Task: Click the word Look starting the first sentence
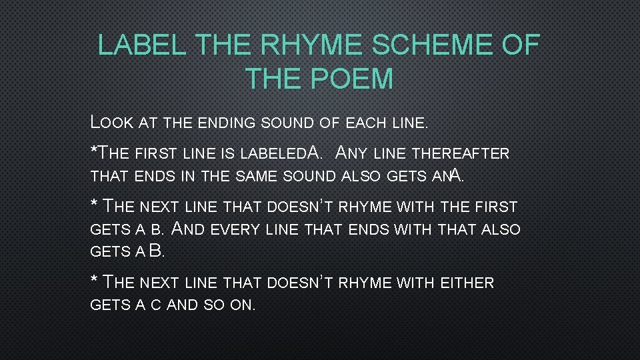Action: tap(113, 123)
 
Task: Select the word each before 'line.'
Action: tap(368, 123)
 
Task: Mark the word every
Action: tap(237, 230)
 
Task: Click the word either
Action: tap(467, 283)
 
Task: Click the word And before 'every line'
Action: tap(190, 230)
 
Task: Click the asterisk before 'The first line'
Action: tap(93, 149)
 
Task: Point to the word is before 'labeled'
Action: tap(226, 154)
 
